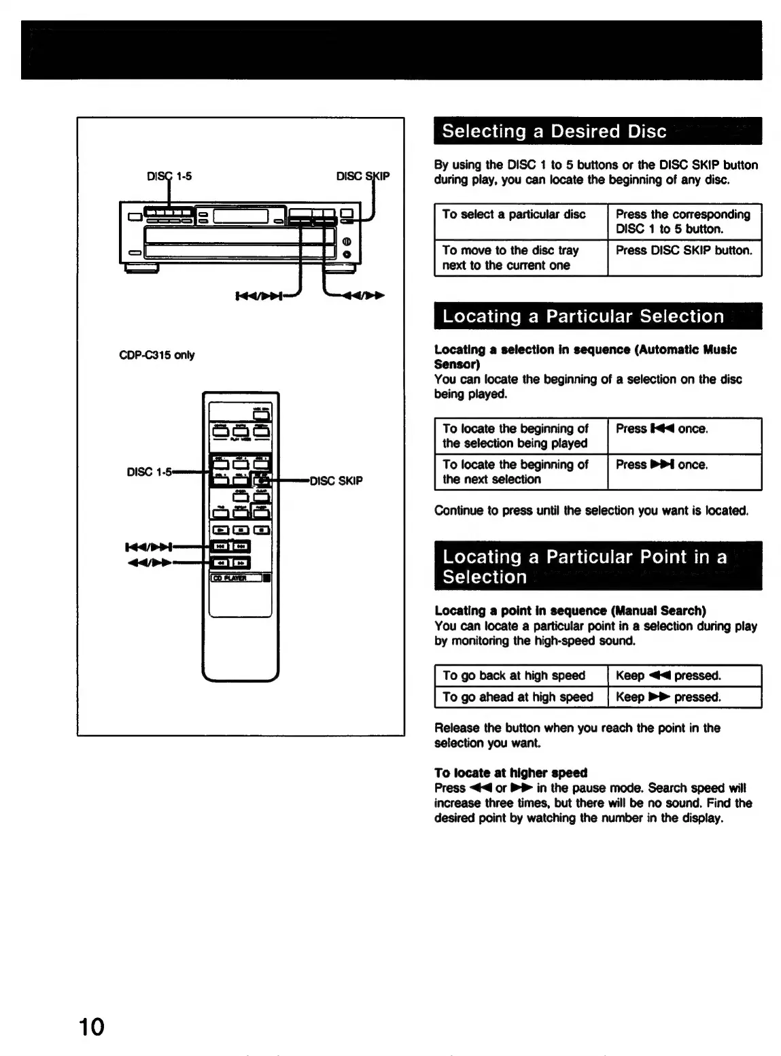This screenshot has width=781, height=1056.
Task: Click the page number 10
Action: (90, 1026)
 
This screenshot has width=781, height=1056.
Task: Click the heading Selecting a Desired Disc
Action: (554, 131)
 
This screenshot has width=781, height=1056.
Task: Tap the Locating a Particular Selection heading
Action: (583, 316)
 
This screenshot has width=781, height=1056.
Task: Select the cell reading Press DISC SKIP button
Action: (684, 251)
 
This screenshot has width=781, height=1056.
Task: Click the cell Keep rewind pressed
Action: (668, 676)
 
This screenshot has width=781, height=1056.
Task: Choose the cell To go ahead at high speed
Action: (517, 697)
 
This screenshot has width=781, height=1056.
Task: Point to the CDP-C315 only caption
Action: (156, 355)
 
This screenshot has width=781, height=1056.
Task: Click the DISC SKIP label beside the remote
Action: (336, 481)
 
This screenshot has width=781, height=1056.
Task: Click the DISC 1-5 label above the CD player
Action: (169, 176)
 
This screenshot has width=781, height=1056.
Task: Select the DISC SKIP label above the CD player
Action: (363, 176)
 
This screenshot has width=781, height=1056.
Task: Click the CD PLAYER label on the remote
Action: (228, 578)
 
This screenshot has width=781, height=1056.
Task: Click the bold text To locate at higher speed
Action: (510, 773)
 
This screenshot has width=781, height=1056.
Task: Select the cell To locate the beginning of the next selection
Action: (515, 472)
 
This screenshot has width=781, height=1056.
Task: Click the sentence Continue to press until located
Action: (591, 511)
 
